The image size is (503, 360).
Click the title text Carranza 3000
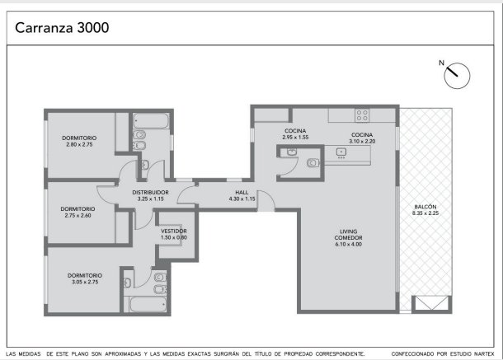(x=62, y=27)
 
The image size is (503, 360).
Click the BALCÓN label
(x=425, y=207)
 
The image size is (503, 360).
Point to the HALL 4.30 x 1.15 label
(x=242, y=195)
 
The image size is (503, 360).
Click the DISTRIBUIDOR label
(x=150, y=192)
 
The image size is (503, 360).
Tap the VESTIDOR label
(x=174, y=231)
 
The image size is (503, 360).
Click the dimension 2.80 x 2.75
(x=79, y=145)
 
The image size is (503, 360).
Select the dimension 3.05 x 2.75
(x=85, y=282)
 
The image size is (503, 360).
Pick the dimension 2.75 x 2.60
(x=78, y=216)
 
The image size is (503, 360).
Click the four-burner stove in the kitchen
(x=362, y=115)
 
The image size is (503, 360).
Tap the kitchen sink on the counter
(x=341, y=152)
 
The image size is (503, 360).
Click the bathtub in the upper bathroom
(x=151, y=121)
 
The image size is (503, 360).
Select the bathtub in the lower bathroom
(x=148, y=304)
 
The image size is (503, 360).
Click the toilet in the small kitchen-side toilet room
(x=313, y=163)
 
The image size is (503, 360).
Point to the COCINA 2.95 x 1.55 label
(x=295, y=134)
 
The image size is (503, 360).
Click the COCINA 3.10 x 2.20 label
(x=362, y=138)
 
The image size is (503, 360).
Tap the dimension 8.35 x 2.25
(x=425, y=213)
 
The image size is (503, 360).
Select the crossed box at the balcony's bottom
(x=432, y=304)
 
